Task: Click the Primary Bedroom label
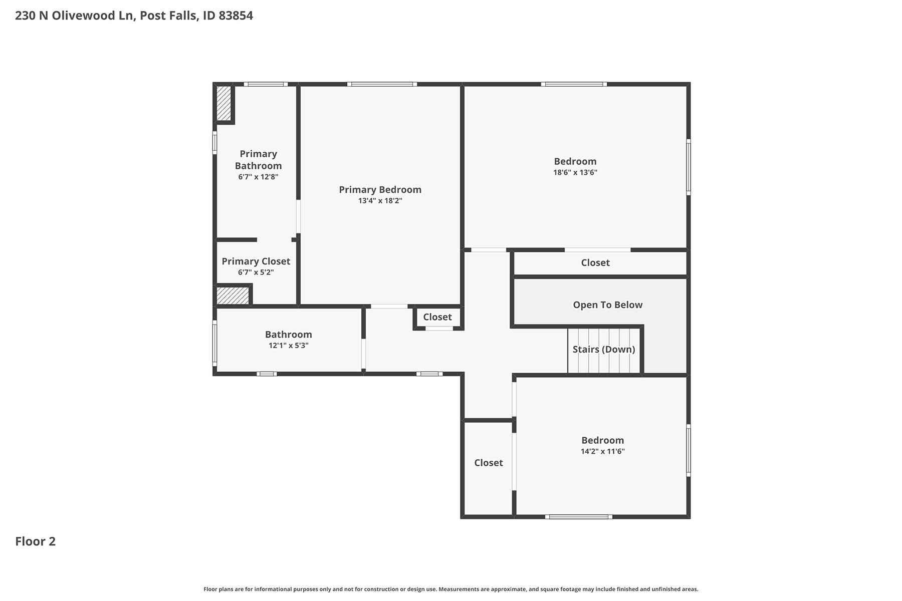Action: pyautogui.click(x=380, y=190)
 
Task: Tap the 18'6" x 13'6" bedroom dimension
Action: pyautogui.click(x=575, y=172)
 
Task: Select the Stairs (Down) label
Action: pyautogui.click(x=604, y=349)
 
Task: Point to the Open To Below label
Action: pyautogui.click(x=607, y=305)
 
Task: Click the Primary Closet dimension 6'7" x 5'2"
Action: pyautogui.click(x=256, y=272)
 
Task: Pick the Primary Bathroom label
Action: pyautogui.click(x=258, y=160)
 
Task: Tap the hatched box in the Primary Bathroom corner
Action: pyautogui.click(x=223, y=103)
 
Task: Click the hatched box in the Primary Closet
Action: pyautogui.click(x=233, y=294)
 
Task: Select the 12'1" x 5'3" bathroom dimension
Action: pyautogui.click(x=288, y=346)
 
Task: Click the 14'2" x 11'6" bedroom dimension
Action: pyautogui.click(x=602, y=451)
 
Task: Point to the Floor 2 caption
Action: pyautogui.click(x=35, y=541)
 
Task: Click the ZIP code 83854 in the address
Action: pyautogui.click(x=236, y=16)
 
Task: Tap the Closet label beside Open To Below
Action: pyautogui.click(x=595, y=262)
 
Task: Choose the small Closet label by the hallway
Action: pyautogui.click(x=437, y=317)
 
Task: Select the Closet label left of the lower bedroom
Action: pyautogui.click(x=489, y=463)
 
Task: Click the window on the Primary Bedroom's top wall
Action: pyautogui.click(x=382, y=84)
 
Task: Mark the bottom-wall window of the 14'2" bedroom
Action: pyautogui.click(x=578, y=517)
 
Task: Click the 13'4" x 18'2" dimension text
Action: pyautogui.click(x=380, y=201)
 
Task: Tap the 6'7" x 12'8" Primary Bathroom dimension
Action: pyautogui.click(x=258, y=177)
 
